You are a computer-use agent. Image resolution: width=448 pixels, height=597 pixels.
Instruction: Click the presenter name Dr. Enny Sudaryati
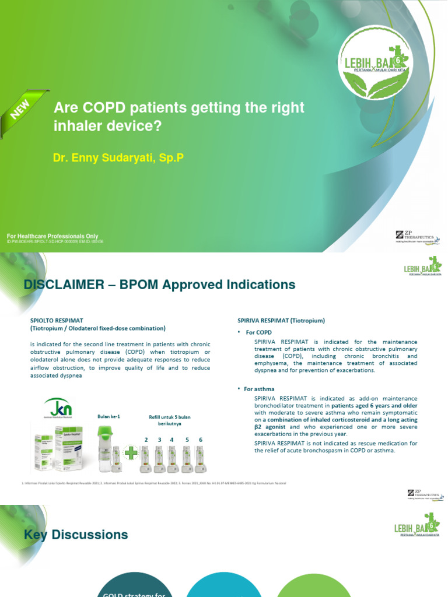click(118, 157)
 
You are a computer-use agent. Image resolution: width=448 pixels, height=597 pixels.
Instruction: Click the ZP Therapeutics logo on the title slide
click(418, 238)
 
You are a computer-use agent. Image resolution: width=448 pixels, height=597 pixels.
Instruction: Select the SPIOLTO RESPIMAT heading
click(56, 320)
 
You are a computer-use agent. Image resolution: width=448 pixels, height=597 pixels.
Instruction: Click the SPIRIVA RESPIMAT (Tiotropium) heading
click(281, 320)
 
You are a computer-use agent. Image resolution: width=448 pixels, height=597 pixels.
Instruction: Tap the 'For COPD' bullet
click(257, 332)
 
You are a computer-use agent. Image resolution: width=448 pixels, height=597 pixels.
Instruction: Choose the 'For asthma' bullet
click(259, 389)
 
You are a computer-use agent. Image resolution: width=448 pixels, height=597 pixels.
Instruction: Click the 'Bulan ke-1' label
click(109, 416)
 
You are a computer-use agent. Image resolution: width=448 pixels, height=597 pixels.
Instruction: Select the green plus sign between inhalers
click(131, 454)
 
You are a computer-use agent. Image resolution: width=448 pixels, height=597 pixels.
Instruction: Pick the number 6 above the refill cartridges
click(201, 439)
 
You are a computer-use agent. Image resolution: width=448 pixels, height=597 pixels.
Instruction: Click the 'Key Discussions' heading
click(76, 535)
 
